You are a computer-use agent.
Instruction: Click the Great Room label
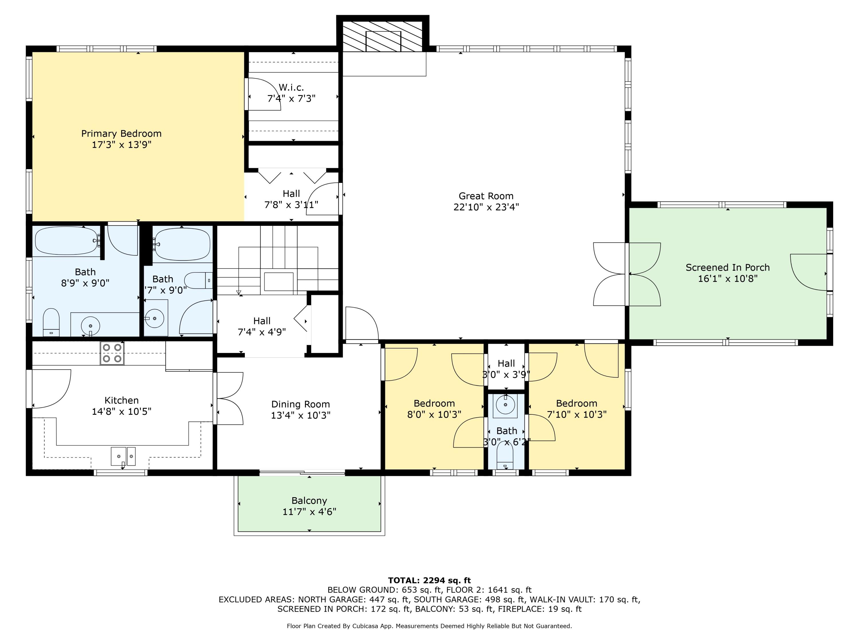pyautogui.click(x=486, y=196)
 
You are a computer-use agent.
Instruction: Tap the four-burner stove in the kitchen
pyautogui.click(x=112, y=353)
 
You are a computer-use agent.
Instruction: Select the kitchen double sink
pyautogui.click(x=123, y=456)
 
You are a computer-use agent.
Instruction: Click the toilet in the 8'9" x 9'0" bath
pyautogui.click(x=51, y=322)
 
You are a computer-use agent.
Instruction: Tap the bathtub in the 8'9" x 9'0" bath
pyautogui.click(x=66, y=241)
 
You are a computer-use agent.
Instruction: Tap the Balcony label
pyautogui.click(x=309, y=501)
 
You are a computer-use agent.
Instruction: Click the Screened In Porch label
pyautogui.click(x=727, y=267)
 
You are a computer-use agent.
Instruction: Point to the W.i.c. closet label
pyautogui.click(x=291, y=88)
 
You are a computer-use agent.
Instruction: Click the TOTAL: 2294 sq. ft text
pyautogui.click(x=429, y=580)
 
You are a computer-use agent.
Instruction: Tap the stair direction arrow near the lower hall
pyautogui.click(x=239, y=292)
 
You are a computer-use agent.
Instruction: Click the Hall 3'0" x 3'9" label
pyautogui.click(x=506, y=364)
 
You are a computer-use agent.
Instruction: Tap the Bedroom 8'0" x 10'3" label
pyautogui.click(x=434, y=403)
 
